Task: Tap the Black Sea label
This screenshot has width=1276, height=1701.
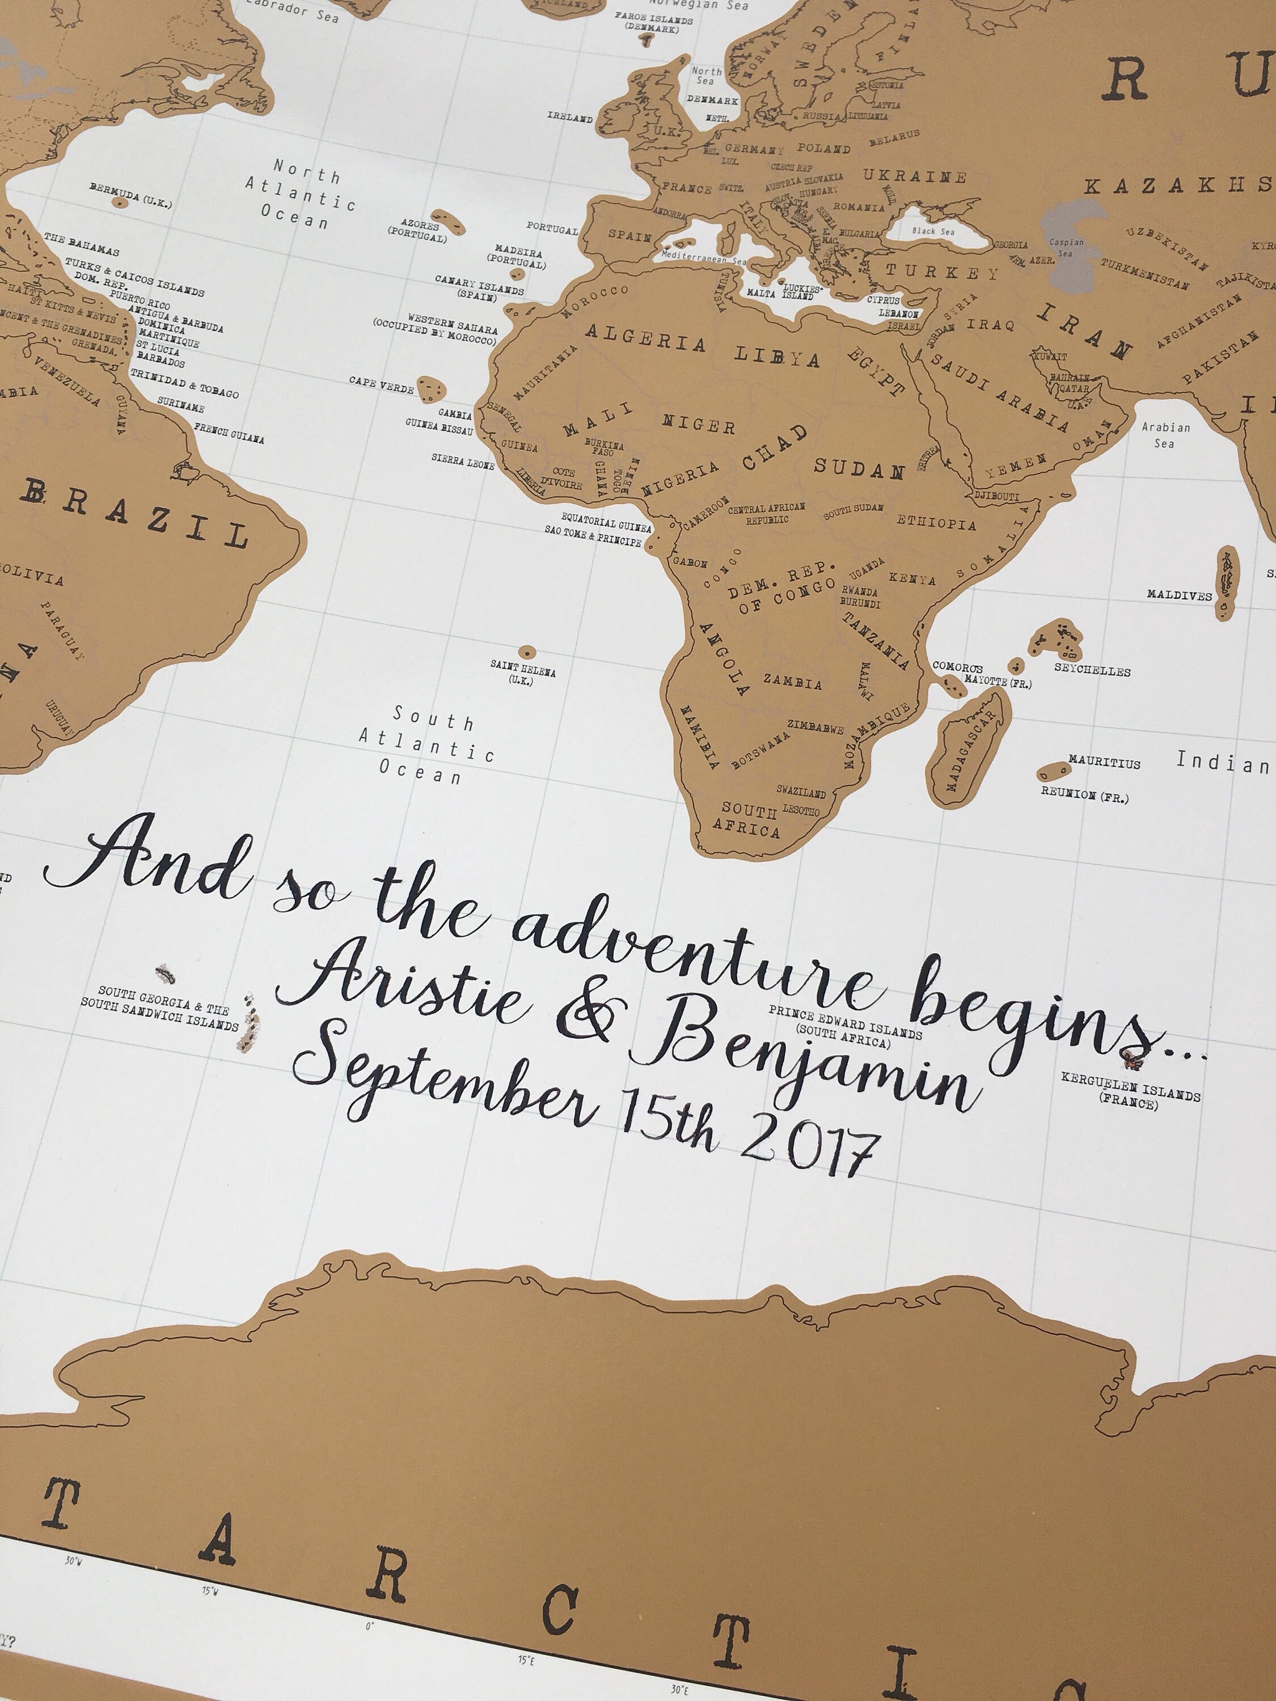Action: pyautogui.click(x=933, y=231)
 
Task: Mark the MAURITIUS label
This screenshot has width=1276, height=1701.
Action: pyautogui.click(x=1104, y=762)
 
